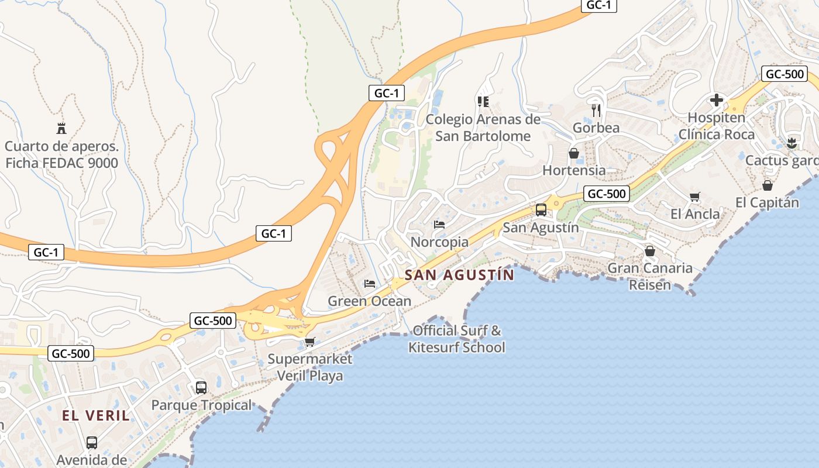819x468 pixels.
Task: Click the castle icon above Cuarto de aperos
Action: pos(61,128)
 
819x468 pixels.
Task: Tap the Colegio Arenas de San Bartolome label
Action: pos(483,128)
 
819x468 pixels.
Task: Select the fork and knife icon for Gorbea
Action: pos(596,109)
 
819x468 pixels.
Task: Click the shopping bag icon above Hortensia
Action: pos(574,153)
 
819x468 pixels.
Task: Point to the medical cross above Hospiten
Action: pos(717,100)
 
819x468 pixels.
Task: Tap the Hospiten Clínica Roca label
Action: pos(717,126)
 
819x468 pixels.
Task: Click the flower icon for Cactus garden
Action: pos(792,143)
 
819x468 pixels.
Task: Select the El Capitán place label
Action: pos(767,202)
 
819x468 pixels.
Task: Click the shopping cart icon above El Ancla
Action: pos(695,197)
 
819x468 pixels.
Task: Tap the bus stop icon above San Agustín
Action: pos(541,210)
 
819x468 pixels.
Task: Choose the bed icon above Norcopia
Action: pos(439,225)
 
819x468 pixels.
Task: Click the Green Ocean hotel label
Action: pos(369,301)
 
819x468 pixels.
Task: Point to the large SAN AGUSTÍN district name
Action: pos(460,275)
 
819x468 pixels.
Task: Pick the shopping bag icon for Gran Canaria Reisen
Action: pos(649,251)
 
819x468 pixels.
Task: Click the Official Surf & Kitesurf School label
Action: pos(456,339)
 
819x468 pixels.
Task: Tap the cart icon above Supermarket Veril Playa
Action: pos(309,342)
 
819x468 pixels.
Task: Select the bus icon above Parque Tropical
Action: pos(201,387)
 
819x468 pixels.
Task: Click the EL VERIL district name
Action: pos(96,416)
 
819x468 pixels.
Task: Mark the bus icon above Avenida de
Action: pos(92,443)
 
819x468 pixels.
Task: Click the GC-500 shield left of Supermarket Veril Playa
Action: pos(213,321)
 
